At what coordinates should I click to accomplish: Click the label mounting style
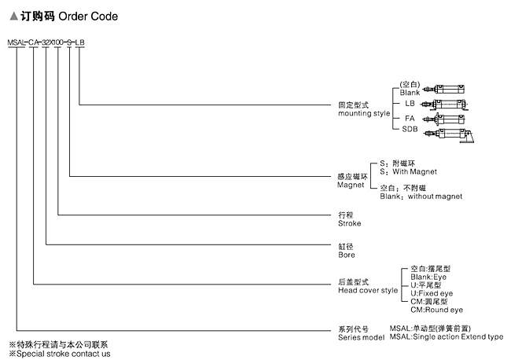tap(364, 113)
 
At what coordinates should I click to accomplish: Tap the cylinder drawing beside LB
tap(444, 104)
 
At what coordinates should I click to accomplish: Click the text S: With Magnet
tap(408, 171)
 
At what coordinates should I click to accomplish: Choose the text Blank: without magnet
tap(421, 196)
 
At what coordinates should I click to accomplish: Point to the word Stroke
tap(349, 223)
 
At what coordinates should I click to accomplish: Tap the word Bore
tap(346, 255)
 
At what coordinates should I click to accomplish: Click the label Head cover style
tap(368, 290)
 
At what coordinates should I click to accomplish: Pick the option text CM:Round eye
tap(437, 310)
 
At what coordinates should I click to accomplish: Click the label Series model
tap(361, 336)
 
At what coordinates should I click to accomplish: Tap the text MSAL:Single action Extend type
tap(447, 336)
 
